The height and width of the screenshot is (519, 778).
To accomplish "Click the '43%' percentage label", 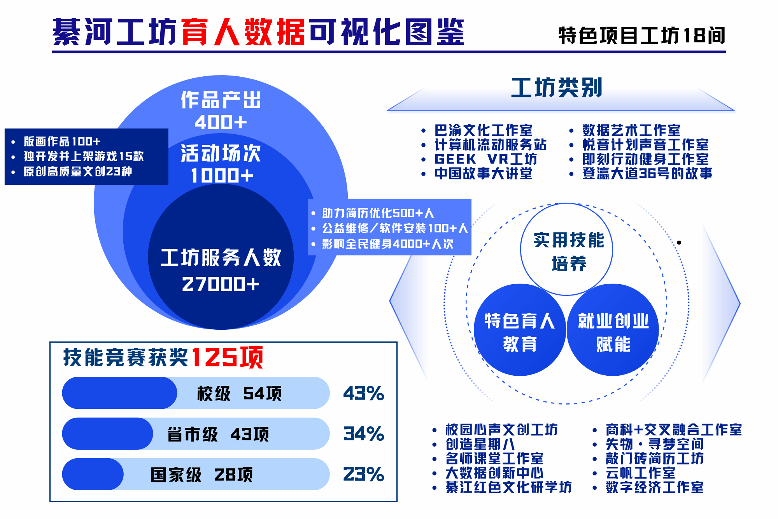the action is [x=364, y=393].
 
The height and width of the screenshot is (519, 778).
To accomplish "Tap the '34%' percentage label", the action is [x=364, y=434].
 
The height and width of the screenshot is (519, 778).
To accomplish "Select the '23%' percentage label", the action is [x=364, y=474].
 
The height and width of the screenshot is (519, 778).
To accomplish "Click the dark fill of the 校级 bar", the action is [x=119, y=393].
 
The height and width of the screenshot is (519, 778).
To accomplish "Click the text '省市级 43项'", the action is [x=218, y=434].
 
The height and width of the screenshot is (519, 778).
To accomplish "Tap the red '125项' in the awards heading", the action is [x=227, y=357].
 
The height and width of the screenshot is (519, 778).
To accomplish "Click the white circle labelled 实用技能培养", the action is [x=567, y=250].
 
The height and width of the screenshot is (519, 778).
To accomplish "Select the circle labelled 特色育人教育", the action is [x=520, y=330].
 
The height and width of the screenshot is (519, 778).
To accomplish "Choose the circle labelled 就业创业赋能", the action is [x=613, y=330].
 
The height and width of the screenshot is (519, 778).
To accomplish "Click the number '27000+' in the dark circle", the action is [x=221, y=284].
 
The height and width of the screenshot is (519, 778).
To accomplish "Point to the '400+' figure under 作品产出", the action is [x=221, y=122].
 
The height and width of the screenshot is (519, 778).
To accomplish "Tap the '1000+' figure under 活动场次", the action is [x=222, y=175].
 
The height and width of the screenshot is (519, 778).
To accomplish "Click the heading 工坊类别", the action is [x=557, y=88].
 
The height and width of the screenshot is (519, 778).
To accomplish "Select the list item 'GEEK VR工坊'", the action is [x=486, y=159].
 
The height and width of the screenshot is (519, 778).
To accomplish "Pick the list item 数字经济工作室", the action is [x=655, y=487].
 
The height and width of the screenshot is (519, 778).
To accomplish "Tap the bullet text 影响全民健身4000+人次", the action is [x=388, y=244].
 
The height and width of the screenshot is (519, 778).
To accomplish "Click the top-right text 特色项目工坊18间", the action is [x=642, y=35].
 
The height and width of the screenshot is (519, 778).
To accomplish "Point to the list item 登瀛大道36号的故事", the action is [x=647, y=173].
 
